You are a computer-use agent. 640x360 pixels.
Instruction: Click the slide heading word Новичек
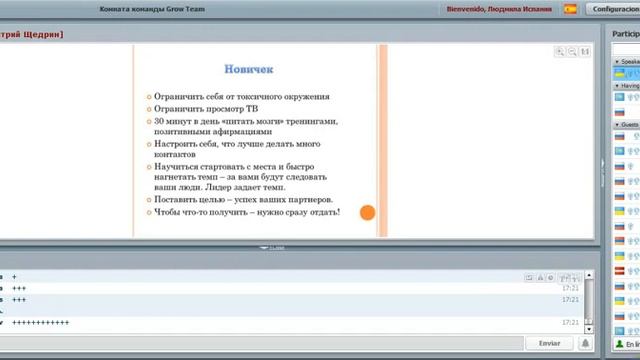(249, 69)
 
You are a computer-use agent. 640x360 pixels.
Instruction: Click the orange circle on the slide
(367, 212)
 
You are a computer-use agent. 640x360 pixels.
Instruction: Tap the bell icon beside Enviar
(584, 342)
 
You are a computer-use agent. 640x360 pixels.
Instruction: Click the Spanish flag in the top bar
(571, 8)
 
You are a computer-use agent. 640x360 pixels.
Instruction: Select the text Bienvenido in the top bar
(466, 8)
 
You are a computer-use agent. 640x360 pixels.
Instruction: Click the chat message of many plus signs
(42, 323)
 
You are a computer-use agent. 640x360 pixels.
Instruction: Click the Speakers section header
(630, 61)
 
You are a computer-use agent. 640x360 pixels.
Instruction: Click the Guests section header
(630, 124)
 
